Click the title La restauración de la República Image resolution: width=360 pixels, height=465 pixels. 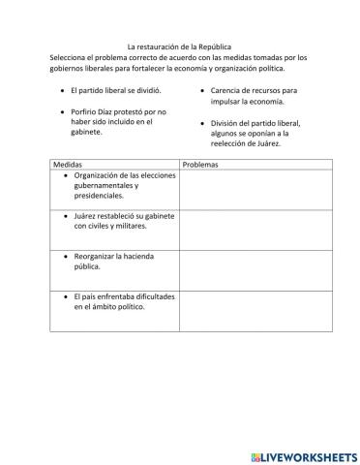(180, 46)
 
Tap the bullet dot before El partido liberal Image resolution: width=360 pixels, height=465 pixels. (63, 89)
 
